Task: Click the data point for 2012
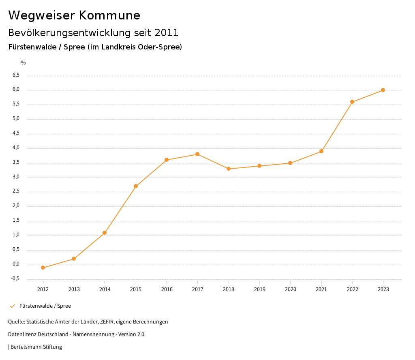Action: pos(43,268)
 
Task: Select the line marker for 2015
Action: pos(136,186)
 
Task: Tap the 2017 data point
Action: pos(197,154)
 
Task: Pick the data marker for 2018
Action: pos(229,169)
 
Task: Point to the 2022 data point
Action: pos(352,102)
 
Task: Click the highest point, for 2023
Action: pos(383,90)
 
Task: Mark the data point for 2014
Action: pos(105,233)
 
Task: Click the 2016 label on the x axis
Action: pos(167,289)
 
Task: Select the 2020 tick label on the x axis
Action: pos(290,289)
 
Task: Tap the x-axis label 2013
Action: pos(74,289)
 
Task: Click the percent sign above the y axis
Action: pos(24,63)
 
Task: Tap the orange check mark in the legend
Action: pos(12,306)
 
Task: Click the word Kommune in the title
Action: pos(109,15)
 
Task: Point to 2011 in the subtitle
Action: pos(167,32)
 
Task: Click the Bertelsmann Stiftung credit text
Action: pos(36,347)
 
